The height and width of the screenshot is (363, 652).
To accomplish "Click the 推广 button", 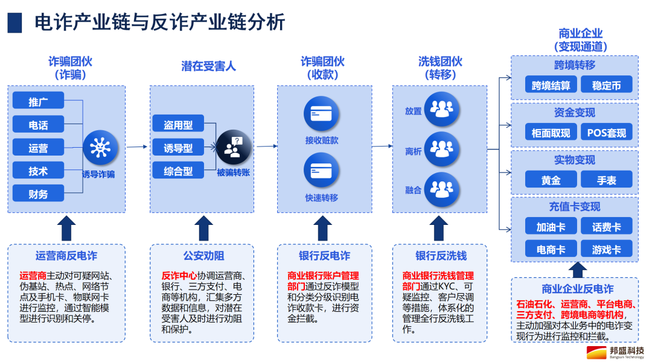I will pos(38,101).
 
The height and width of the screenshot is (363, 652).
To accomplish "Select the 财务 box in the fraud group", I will pos(38,194).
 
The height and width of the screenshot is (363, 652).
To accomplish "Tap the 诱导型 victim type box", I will pos(178,148).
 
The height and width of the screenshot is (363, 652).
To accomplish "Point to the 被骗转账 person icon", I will pos(233,147).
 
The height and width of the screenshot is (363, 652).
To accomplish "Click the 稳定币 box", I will pos(607,84).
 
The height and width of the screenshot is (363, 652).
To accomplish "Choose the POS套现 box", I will pos(607,132).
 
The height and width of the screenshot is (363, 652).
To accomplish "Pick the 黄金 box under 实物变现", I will pos(551,180).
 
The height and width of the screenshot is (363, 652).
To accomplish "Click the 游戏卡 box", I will pos(607,248).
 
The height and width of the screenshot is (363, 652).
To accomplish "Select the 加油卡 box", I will pos(551,227).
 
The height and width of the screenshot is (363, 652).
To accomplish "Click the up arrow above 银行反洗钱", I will pos(439,228).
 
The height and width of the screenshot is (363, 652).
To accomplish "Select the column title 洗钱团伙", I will pos(440,61).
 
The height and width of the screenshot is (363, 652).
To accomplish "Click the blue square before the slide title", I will pos(15,22).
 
